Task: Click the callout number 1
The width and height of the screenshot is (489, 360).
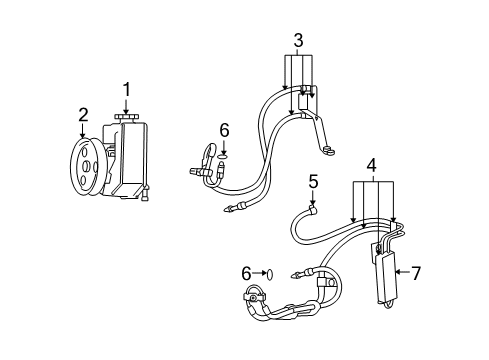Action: (x=126, y=91)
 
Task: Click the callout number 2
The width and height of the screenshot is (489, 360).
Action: (x=83, y=115)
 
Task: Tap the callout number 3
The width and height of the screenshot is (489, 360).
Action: (x=298, y=41)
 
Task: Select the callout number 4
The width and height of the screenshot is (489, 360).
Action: (x=371, y=165)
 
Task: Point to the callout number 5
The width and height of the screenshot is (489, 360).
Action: (x=313, y=181)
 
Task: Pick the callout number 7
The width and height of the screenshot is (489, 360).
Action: (x=417, y=271)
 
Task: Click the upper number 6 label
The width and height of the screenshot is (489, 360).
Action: (x=224, y=130)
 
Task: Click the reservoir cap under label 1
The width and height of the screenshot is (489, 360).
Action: (x=127, y=119)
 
